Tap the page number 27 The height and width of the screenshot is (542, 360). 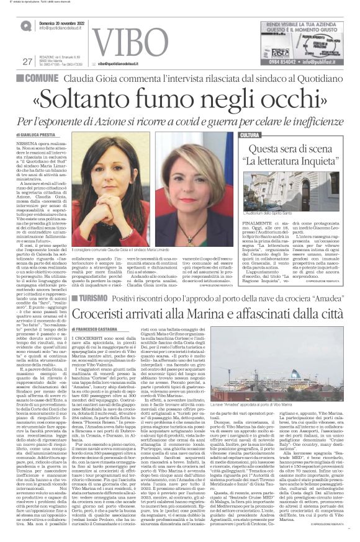(x=26, y=61)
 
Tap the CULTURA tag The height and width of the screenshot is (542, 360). (x=250, y=135)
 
